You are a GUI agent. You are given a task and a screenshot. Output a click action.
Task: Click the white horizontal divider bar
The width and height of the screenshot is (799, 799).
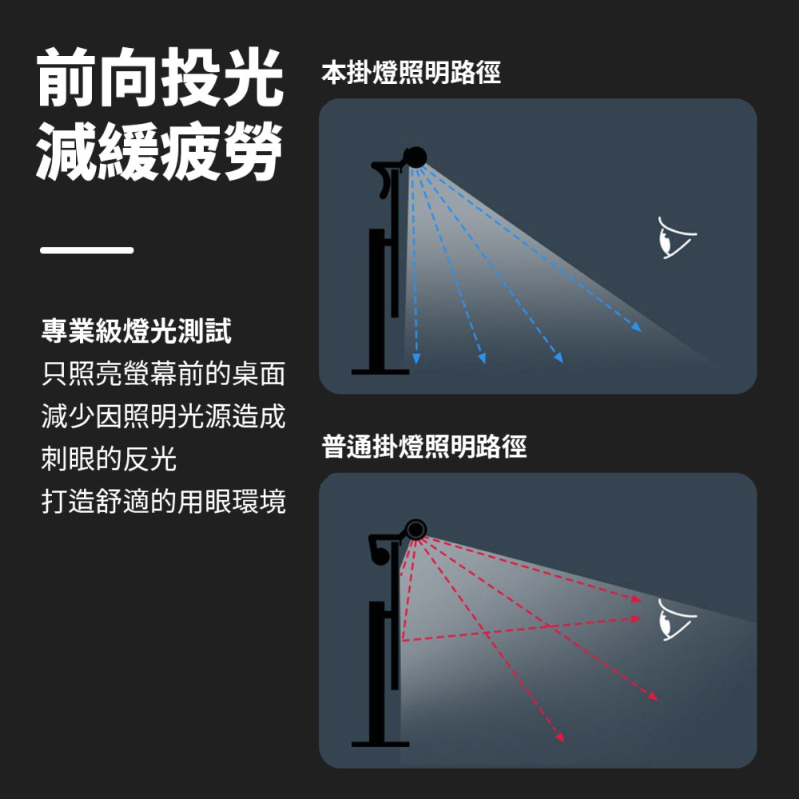pyautogui.click(x=87, y=250)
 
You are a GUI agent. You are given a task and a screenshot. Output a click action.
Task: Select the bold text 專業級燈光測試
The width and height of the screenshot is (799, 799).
pyautogui.click(x=137, y=331)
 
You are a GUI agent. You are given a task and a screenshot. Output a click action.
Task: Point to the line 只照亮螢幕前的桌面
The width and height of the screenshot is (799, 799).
pyautogui.click(x=163, y=374)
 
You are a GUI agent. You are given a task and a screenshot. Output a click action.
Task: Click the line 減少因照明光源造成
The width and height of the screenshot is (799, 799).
pyautogui.click(x=163, y=416)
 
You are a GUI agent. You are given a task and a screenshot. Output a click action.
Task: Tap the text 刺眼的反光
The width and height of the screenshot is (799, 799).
pyautogui.click(x=109, y=459)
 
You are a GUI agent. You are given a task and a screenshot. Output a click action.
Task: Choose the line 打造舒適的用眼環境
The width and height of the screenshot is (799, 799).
pyautogui.click(x=163, y=503)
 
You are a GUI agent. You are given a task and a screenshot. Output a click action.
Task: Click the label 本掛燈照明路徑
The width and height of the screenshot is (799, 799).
pyautogui.click(x=411, y=74)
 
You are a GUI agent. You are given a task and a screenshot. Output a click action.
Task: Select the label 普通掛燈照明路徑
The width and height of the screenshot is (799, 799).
pyautogui.click(x=424, y=447)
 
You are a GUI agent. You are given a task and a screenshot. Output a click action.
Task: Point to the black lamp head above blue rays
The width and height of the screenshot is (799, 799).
pyautogui.click(x=415, y=157)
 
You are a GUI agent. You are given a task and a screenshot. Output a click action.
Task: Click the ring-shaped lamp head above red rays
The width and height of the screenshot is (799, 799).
pyautogui.click(x=415, y=529)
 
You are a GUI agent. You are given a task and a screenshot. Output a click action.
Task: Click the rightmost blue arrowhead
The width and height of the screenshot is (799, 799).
pyautogui.click(x=637, y=326)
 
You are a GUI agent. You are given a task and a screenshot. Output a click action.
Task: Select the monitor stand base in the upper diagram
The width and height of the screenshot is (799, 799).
pyautogui.click(x=380, y=371)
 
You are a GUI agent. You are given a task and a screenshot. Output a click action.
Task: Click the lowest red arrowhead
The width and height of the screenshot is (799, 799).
pyautogui.click(x=560, y=737)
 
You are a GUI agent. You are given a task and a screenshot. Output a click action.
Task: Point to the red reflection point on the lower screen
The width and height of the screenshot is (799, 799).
pyautogui.click(x=403, y=640)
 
